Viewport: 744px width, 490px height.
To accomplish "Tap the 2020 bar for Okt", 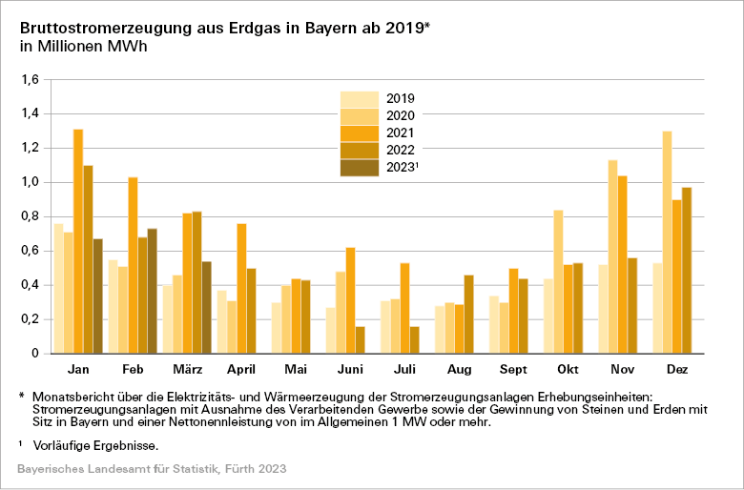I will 558,281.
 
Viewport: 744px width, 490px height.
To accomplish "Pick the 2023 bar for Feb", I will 153,291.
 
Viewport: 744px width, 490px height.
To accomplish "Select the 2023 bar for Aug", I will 468,314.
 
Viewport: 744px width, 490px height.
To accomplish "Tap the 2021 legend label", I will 400,133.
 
